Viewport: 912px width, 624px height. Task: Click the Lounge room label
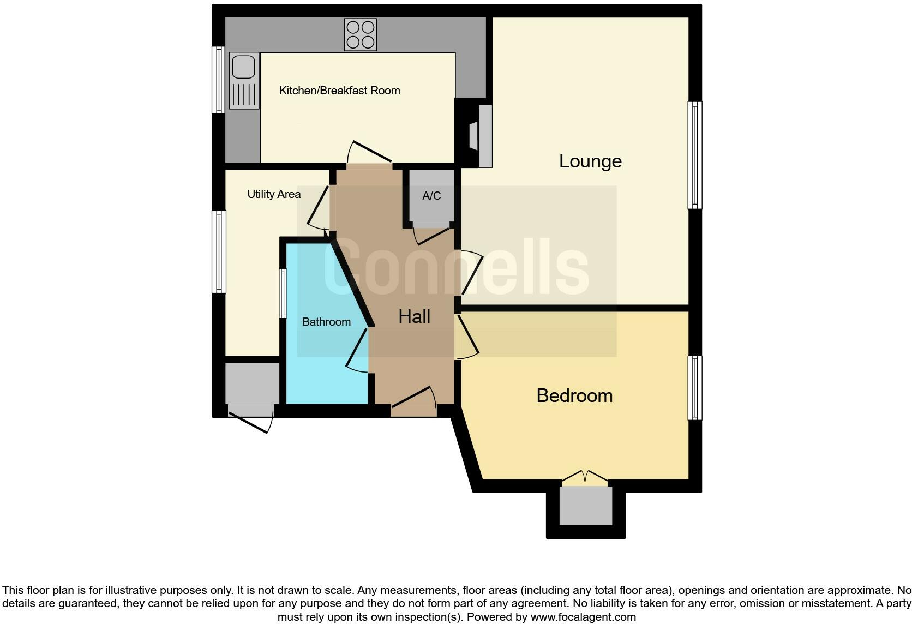point(590,161)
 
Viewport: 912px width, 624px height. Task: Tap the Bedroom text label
point(574,395)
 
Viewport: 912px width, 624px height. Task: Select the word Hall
point(414,316)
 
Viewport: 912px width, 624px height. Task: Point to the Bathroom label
point(326,322)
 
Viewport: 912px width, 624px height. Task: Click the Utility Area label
point(274,194)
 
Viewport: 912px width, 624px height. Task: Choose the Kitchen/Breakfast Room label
point(339,91)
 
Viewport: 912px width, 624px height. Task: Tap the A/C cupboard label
point(431,196)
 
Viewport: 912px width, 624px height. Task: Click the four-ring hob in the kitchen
point(361,34)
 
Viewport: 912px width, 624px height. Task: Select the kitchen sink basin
point(243,67)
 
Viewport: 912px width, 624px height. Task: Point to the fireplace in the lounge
point(480,136)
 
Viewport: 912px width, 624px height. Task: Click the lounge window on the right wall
point(694,155)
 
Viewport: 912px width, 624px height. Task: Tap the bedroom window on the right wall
point(694,388)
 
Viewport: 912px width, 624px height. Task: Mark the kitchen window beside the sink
point(218,80)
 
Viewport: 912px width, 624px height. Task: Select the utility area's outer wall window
point(219,251)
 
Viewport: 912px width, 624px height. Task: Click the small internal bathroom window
point(283,293)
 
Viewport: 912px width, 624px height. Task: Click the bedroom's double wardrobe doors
point(584,477)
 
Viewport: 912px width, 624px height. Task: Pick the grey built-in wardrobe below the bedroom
point(586,506)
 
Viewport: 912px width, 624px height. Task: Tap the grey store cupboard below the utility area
point(251,384)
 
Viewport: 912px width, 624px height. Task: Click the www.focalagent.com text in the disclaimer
point(583,617)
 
